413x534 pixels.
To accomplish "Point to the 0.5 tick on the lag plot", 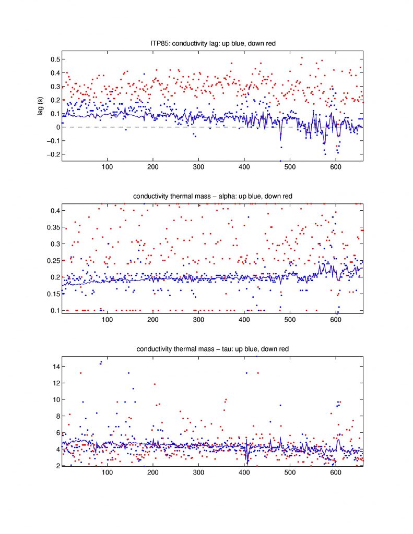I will (x=53, y=59).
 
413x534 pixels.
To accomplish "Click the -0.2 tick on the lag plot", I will (x=52, y=154).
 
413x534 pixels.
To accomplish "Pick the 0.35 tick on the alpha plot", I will (x=52, y=227).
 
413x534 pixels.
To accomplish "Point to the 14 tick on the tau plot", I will (x=54, y=367).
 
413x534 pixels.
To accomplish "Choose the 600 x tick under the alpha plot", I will (x=335, y=320).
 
